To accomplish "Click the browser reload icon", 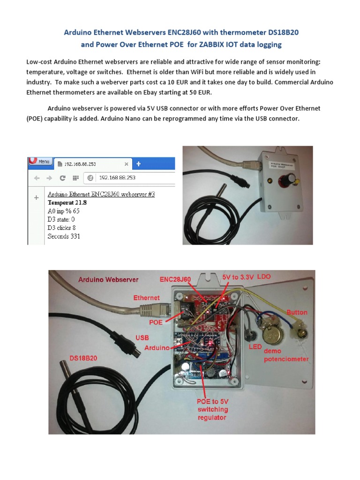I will click(x=62, y=178).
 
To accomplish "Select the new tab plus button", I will click(x=139, y=164).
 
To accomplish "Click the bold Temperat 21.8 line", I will click(x=67, y=202).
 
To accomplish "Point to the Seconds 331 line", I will click(x=64, y=236).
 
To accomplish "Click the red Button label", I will click(x=297, y=312).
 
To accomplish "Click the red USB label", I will click(x=142, y=337).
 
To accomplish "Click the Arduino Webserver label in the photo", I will click(x=108, y=279).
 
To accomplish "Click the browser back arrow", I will click(x=37, y=178).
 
